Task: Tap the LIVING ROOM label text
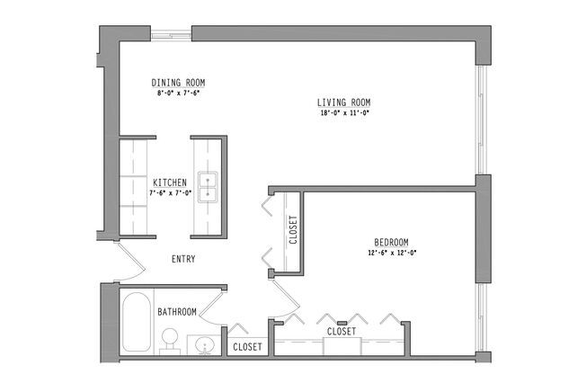click(x=344, y=102)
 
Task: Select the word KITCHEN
click(x=169, y=183)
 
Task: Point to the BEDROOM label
click(x=392, y=243)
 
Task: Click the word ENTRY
click(x=183, y=259)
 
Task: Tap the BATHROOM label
click(x=177, y=312)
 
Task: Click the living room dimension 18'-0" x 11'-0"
click(x=344, y=113)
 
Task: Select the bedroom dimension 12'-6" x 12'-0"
click(x=392, y=254)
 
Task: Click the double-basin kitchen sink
click(x=209, y=186)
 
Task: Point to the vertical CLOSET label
click(x=293, y=230)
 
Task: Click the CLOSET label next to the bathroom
click(x=246, y=347)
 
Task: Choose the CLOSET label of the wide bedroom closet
click(x=342, y=332)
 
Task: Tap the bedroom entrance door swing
click(x=281, y=292)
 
